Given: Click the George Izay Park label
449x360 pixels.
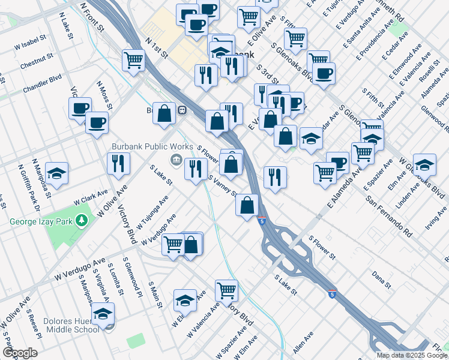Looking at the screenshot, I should pos(40,221).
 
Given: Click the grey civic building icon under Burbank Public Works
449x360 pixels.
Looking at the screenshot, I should pos(176,158).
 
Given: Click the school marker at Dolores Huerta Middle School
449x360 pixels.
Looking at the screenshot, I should pos(103,314).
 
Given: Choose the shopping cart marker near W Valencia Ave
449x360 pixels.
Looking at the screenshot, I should pos(226,290).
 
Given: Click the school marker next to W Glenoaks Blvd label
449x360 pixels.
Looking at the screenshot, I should pos(424,164).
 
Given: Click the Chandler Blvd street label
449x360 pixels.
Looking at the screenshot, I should pos(43,85).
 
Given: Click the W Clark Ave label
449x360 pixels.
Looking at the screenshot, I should pos(91,197).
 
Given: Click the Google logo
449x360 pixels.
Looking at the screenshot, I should pos(20,353).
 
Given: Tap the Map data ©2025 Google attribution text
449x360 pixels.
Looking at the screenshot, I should pos(412,355).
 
